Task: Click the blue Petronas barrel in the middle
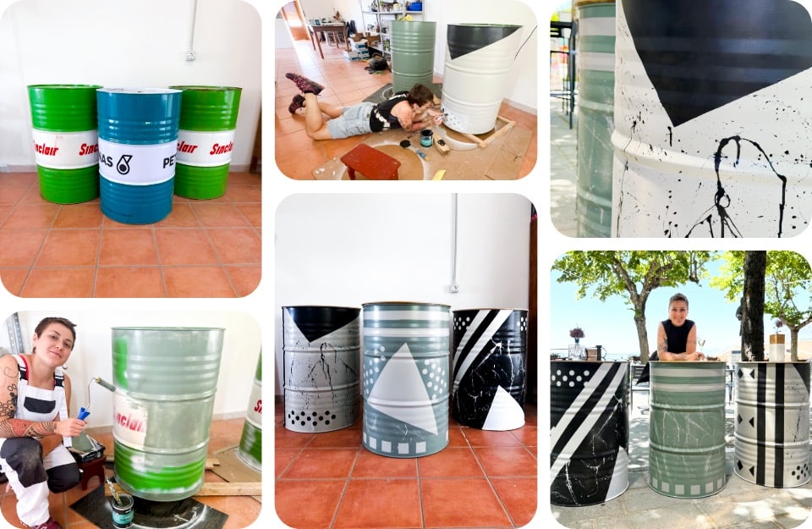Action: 138,157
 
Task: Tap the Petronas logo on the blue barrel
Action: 124,164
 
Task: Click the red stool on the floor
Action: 370,161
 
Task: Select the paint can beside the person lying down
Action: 426,138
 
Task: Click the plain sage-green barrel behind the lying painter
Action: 413,55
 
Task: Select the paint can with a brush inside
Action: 122,507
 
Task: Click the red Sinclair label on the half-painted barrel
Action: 129,418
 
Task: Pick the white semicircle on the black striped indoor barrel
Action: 504,411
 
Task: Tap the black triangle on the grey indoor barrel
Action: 321,322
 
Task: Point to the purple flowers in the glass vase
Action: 577,333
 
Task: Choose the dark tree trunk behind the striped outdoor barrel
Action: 754,305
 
